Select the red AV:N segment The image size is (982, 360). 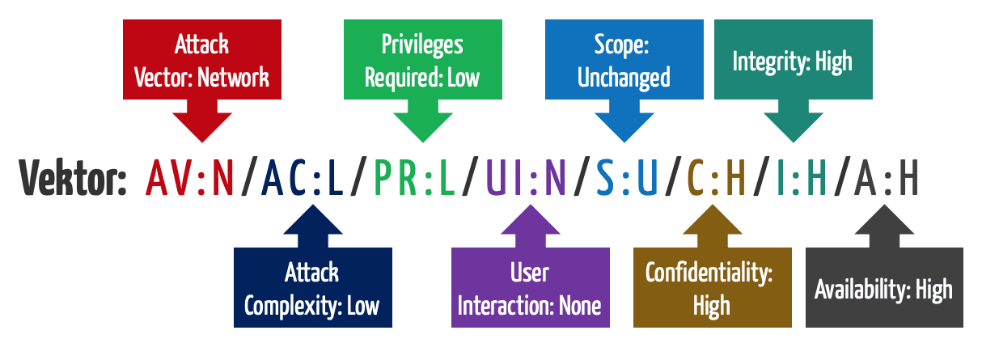pos(190,179)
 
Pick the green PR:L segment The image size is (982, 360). pos(417,179)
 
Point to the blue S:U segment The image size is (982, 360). pos(627,179)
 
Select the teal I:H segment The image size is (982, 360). pos(800,179)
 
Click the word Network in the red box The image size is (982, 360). pos(234,78)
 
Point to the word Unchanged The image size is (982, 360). pos(624,78)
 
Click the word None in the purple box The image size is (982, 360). pos(580,307)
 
